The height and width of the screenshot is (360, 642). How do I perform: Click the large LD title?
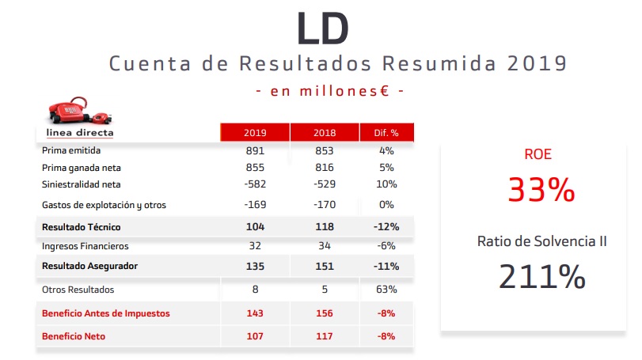pyautogui.click(x=322, y=28)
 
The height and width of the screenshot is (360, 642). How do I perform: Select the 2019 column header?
pyautogui.click(x=255, y=132)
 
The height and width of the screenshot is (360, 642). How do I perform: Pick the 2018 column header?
pyautogui.click(x=325, y=132)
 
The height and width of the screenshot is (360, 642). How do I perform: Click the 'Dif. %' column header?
pyautogui.click(x=387, y=132)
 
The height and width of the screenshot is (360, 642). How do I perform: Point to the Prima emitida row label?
pyautogui.click(x=72, y=150)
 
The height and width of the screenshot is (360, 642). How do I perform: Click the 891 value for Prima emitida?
pyautogui.click(x=255, y=150)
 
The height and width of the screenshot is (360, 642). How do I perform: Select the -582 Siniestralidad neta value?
pyautogui.click(x=254, y=184)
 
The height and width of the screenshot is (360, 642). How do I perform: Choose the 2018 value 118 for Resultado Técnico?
pyautogui.click(x=325, y=226)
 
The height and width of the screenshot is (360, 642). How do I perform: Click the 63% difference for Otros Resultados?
pyautogui.click(x=387, y=290)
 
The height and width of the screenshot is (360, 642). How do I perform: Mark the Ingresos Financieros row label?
pyautogui.click(x=85, y=246)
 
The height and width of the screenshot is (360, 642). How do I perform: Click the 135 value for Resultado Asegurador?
pyautogui.click(x=255, y=266)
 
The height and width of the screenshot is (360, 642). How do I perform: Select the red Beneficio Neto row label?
pyautogui.click(x=74, y=336)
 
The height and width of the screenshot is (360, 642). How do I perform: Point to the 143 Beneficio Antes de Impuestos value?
pyautogui.click(x=255, y=313)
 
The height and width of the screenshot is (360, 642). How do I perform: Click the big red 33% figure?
pyautogui.click(x=542, y=190)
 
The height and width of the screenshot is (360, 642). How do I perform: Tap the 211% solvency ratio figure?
pyautogui.click(x=542, y=275)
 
